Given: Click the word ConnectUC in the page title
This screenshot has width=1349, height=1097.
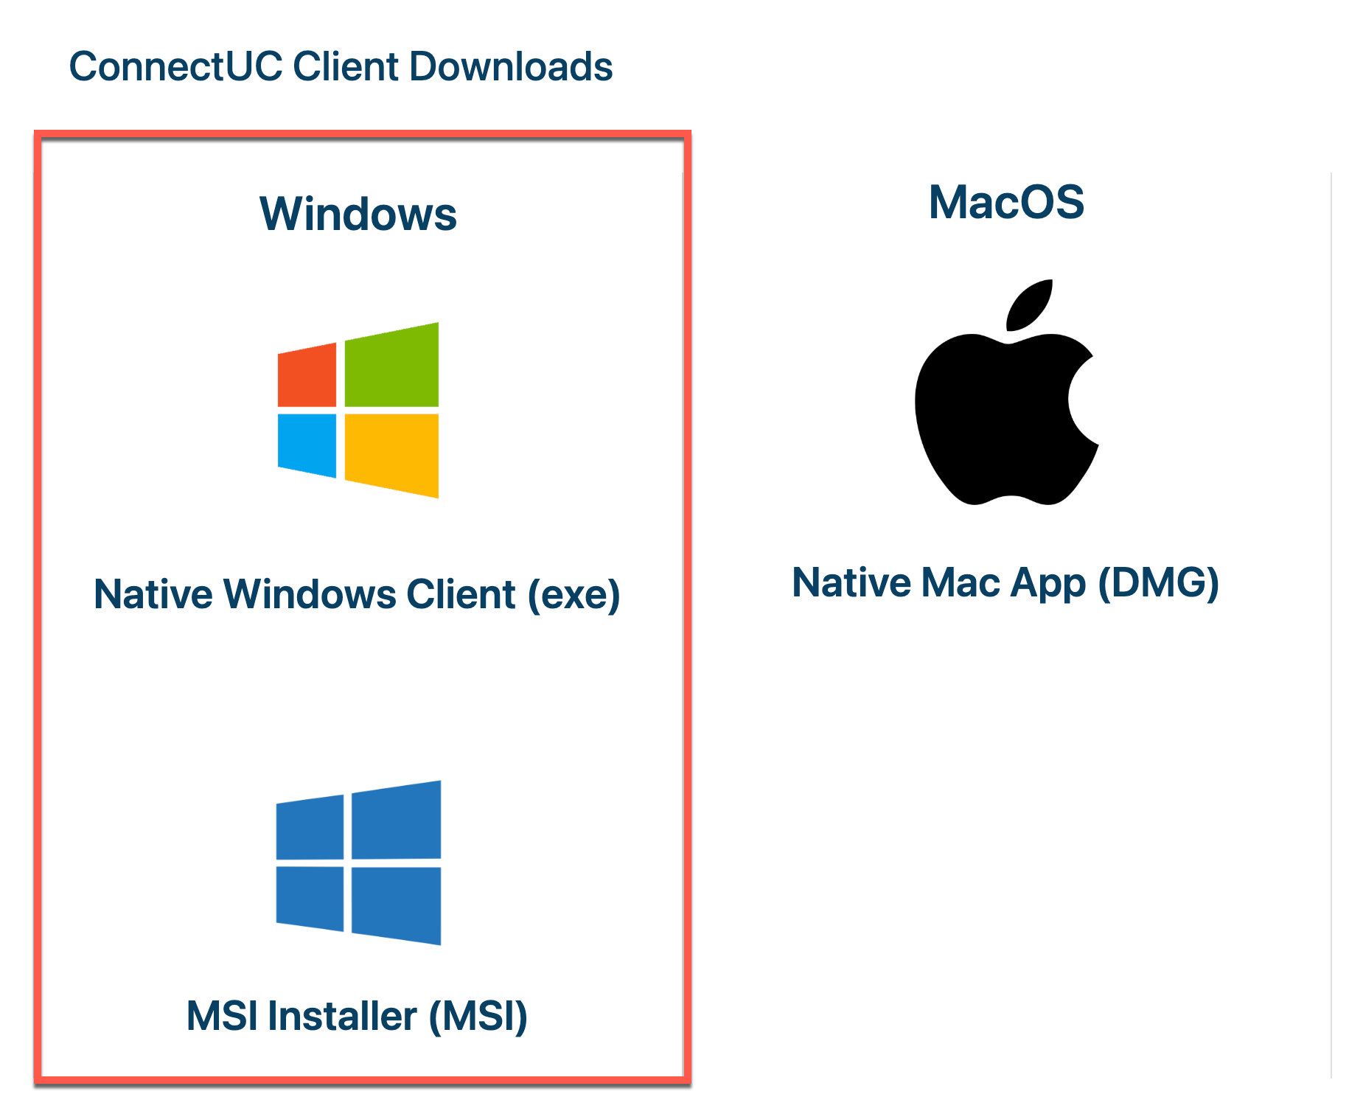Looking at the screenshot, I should tap(175, 67).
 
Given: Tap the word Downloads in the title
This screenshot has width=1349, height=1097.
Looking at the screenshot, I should tap(510, 67).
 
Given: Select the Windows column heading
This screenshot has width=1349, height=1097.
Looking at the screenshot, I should tap(358, 215).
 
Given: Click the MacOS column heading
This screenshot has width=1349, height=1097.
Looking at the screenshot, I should tap(1006, 203).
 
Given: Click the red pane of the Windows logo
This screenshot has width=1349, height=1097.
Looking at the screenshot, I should tap(307, 375).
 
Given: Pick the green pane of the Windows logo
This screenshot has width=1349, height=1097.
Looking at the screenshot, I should tap(391, 366).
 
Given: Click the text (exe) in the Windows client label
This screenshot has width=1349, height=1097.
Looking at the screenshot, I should tap(574, 595).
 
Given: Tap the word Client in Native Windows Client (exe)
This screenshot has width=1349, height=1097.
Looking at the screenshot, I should tap(461, 595).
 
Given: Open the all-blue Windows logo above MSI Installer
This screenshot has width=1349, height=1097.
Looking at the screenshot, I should tap(358, 863).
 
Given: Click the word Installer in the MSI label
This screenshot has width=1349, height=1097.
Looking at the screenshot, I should tap(342, 1016).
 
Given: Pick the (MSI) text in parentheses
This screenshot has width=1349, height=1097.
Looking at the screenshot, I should tap(478, 1016).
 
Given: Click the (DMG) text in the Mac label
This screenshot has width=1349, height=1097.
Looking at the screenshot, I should tap(1158, 583).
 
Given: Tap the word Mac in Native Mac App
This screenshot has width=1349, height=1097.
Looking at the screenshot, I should tap(960, 583).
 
